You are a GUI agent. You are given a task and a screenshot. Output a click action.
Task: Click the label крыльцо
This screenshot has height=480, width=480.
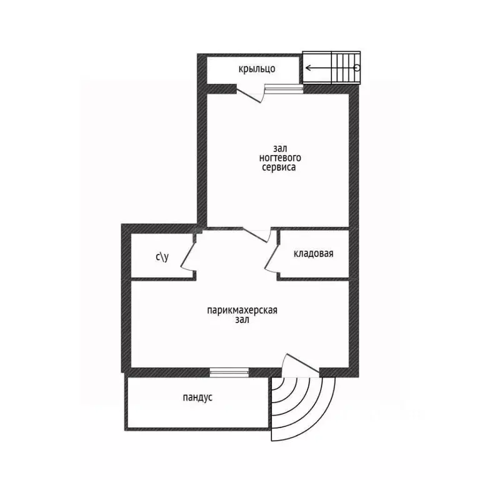click(257, 69)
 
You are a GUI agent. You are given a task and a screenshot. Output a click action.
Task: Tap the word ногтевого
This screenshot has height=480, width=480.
click(280, 158)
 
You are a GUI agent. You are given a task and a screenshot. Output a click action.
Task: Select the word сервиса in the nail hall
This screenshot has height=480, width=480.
click(279, 167)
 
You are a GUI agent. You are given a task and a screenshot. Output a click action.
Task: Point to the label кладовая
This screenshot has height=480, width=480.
click(313, 254)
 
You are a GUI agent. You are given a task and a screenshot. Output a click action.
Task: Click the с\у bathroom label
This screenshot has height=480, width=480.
click(162, 257)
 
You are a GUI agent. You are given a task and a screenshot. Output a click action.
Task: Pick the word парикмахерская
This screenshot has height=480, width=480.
click(242, 310)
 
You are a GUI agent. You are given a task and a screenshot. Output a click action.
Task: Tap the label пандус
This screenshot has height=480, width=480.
click(197, 397)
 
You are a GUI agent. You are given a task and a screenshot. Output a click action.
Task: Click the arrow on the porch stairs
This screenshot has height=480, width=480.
click(331, 67)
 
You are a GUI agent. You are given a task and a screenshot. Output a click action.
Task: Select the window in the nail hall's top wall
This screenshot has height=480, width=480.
click(284, 89)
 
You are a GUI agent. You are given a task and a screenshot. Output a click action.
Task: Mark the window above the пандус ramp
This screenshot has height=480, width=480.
click(229, 372)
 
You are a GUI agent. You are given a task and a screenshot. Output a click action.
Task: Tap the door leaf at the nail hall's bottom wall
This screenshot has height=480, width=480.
click(255, 235)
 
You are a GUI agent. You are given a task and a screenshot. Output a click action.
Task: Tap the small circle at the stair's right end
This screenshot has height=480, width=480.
click(357, 67)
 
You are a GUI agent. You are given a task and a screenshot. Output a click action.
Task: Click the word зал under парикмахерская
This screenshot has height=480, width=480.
click(242, 319)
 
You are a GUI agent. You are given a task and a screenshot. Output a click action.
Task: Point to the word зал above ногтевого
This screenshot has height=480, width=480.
click(280, 149)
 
